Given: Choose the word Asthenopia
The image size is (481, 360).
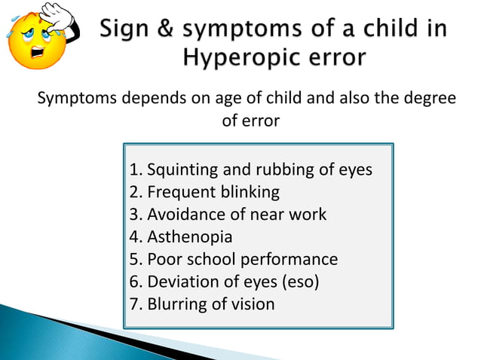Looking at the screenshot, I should click(190, 237).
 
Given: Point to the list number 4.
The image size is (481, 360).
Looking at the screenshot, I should click(135, 237).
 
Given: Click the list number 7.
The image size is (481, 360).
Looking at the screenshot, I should click(135, 305).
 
